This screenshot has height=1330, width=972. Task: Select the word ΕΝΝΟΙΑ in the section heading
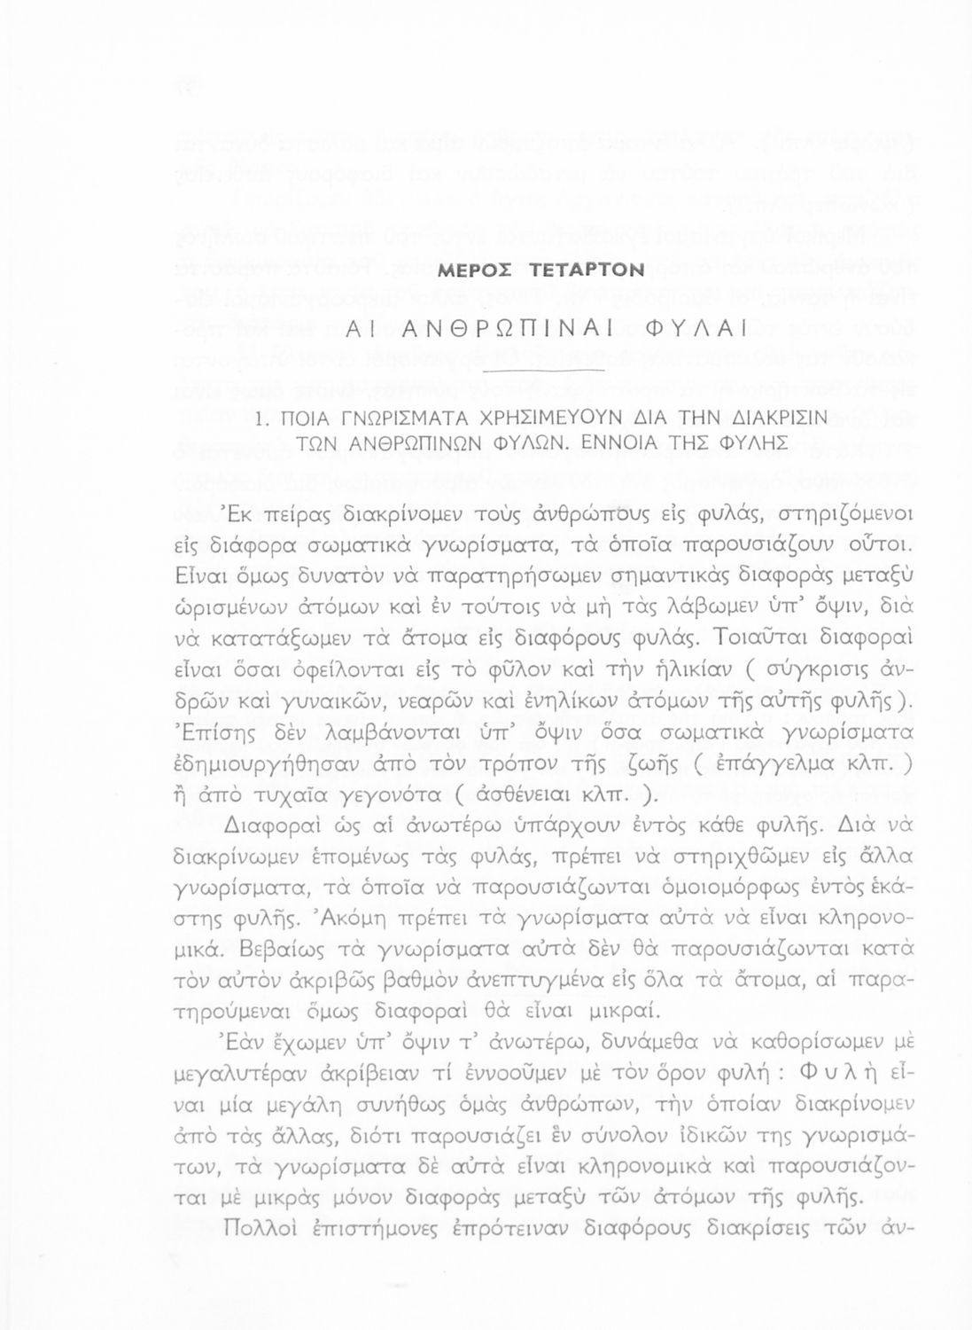[x=618, y=443]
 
